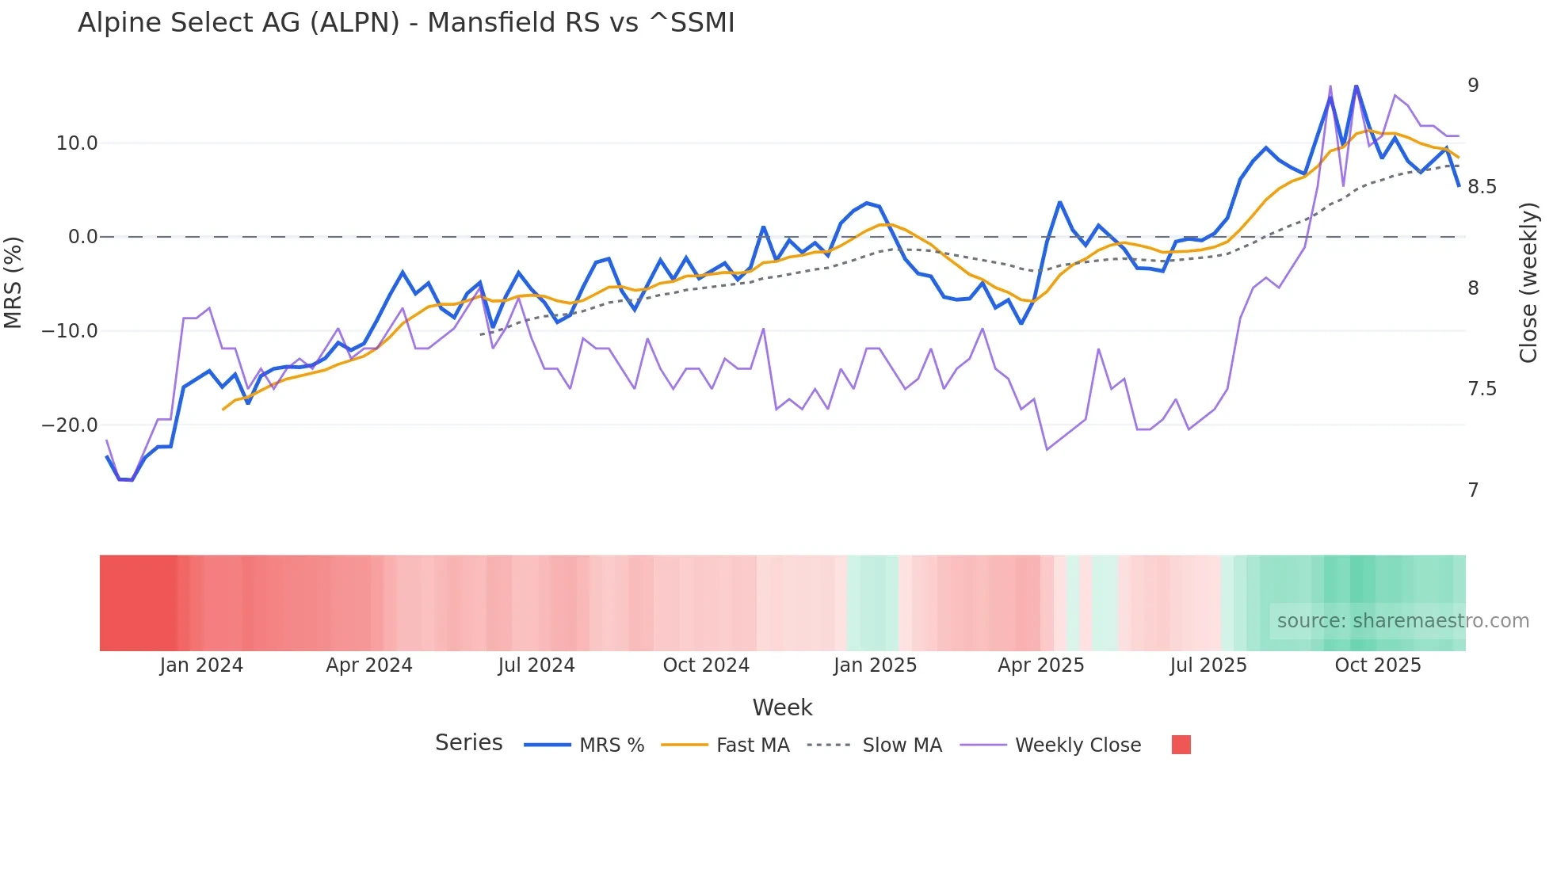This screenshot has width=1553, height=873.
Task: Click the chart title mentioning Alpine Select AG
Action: pos(406,23)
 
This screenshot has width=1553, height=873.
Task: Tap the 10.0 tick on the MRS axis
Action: pos(77,143)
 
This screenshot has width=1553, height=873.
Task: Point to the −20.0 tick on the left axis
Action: pos(71,425)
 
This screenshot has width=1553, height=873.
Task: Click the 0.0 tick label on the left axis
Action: pos(82,237)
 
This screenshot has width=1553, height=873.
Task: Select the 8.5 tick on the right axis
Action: pos(1482,187)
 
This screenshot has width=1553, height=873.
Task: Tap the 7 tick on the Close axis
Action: pos(1473,490)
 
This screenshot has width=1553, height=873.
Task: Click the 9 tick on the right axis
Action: pos(1473,86)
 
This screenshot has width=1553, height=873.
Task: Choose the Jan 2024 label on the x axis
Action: pos(201,665)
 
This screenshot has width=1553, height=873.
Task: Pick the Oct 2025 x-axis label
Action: pos(1378,665)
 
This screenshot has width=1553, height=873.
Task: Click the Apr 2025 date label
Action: pos(1040,665)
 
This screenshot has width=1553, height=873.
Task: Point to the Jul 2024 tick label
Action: pos(536,665)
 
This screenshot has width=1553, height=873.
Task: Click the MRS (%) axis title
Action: pos(13,283)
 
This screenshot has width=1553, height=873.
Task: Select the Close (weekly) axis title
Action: pos(1528,283)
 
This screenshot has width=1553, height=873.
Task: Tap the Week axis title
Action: pos(782,707)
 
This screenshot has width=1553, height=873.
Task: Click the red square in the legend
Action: pos(1181,745)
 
